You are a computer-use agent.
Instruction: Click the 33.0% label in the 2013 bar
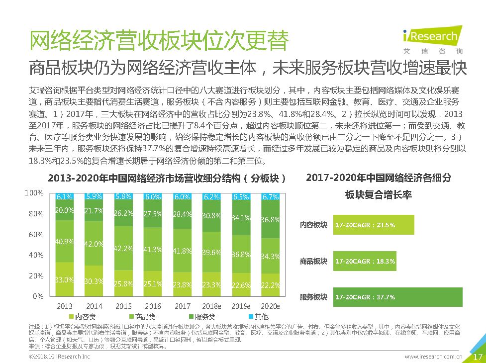click(65, 280)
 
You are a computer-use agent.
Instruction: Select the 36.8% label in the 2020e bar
click(270, 219)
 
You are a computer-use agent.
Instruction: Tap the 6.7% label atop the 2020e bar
click(270, 197)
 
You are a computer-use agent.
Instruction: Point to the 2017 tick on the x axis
click(183, 306)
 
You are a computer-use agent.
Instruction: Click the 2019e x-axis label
click(241, 306)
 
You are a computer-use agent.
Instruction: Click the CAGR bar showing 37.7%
click(398, 297)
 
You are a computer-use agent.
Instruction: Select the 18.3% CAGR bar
click(365, 261)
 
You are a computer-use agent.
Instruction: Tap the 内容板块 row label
click(313, 225)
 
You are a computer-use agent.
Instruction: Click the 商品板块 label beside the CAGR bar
click(313, 261)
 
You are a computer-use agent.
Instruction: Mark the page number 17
click(477, 357)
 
